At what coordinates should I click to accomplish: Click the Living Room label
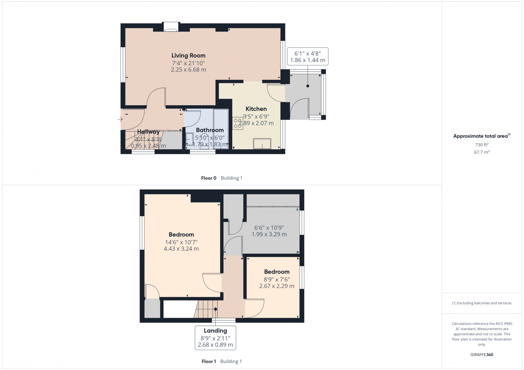(x=188, y=56)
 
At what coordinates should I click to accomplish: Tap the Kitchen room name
(x=256, y=109)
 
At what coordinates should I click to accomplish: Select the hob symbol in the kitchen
(x=238, y=123)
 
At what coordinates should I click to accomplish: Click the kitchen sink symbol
(x=262, y=143)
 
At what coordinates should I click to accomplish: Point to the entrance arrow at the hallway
(x=120, y=119)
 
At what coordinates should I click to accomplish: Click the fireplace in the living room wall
(x=171, y=27)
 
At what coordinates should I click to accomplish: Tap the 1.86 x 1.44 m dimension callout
(x=308, y=60)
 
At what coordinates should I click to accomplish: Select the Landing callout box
(x=215, y=338)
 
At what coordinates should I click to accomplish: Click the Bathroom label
(x=210, y=130)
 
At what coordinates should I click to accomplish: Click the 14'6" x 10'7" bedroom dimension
(x=181, y=242)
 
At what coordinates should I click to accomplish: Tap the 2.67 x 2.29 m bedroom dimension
(x=277, y=286)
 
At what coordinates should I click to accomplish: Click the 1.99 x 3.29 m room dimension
(x=269, y=234)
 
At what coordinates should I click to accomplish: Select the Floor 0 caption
(x=209, y=178)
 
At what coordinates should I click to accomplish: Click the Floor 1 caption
(x=209, y=362)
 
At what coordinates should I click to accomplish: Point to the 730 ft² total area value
(x=482, y=144)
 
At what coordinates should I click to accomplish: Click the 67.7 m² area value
(x=482, y=152)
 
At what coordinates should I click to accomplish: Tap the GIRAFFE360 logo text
(x=482, y=355)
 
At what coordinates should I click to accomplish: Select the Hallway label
(x=148, y=132)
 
